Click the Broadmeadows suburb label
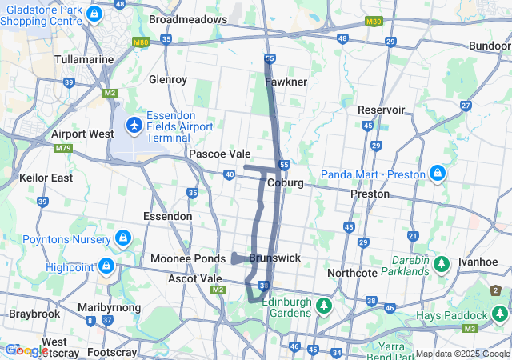[188, 18]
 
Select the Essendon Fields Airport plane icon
[134, 126]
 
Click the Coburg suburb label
[286, 182]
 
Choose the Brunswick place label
[274, 258]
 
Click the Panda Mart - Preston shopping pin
[437, 174]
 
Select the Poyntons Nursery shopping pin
[122, 238]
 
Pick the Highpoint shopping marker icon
[106, 266]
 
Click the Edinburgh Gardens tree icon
[323, 306]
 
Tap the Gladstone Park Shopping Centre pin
[94, 14]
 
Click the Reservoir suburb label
[382, 109]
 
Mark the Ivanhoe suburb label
[478, 262]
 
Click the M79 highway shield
[62, 148]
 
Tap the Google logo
[26, 350]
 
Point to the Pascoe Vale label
[219, 154]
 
